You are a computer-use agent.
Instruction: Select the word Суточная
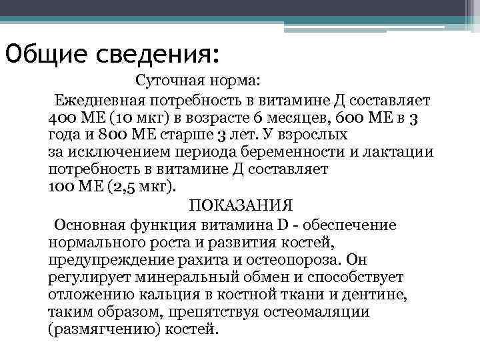tap(166, 81)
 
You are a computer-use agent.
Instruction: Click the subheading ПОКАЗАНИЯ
tap(241, 205)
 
